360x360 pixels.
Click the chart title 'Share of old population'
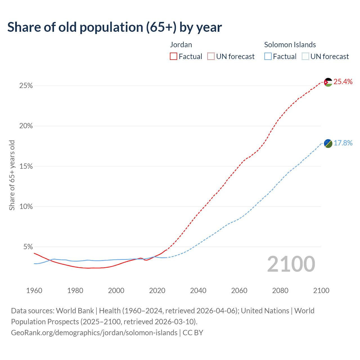(x=114, y=27)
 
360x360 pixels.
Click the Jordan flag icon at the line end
(x=328, y=82)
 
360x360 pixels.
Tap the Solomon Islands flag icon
(x=328, y=143)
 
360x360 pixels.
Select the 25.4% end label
(x=343, y=82)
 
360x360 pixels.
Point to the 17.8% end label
(x=343, y=143)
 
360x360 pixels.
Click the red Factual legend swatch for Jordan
(x=174, y=57)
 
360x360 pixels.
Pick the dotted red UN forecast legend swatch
(x=211, y=57)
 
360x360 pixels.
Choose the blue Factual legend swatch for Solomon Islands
(x=268, y=57)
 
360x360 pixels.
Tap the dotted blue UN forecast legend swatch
(x=305, y=57)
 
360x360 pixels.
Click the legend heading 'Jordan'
(x=181, y=45)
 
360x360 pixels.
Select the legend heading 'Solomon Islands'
(x=290, y=45)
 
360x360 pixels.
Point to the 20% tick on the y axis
(x=26, y=126)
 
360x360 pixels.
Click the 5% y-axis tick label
(x=28, y=247)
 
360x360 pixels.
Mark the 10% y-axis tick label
(x=26, y=207)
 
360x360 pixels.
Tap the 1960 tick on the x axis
(x=34, y=291)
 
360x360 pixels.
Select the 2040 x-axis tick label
(x=198, y=291)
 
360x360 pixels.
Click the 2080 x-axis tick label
(x=280, y=291)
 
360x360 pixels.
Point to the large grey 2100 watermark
(x=291, y=264)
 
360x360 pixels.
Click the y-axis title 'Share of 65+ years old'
(x=12, y=175)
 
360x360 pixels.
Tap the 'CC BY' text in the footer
(x=193, y=333)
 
